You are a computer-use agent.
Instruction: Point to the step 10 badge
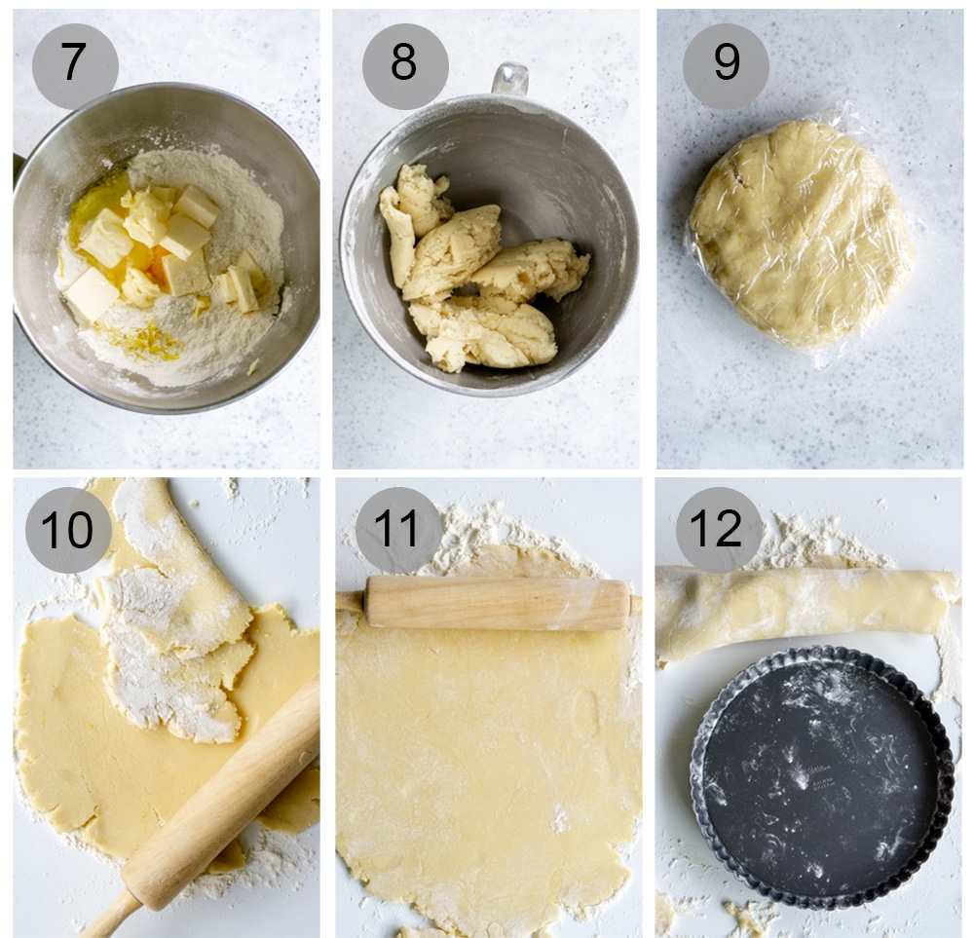click(68, 530)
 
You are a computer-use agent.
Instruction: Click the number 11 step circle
click(398, 530)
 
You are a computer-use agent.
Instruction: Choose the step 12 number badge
click(718, 530)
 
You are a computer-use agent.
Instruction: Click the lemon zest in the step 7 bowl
click(146, 341)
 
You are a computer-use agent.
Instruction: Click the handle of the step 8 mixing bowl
click(510, 79)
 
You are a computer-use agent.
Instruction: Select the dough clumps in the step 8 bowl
click(481, 270)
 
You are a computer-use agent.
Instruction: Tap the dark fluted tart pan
click(822, 776)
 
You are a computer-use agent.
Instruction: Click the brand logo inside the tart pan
click(820, 770)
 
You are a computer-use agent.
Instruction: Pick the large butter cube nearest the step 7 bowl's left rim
click(92, 294)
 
